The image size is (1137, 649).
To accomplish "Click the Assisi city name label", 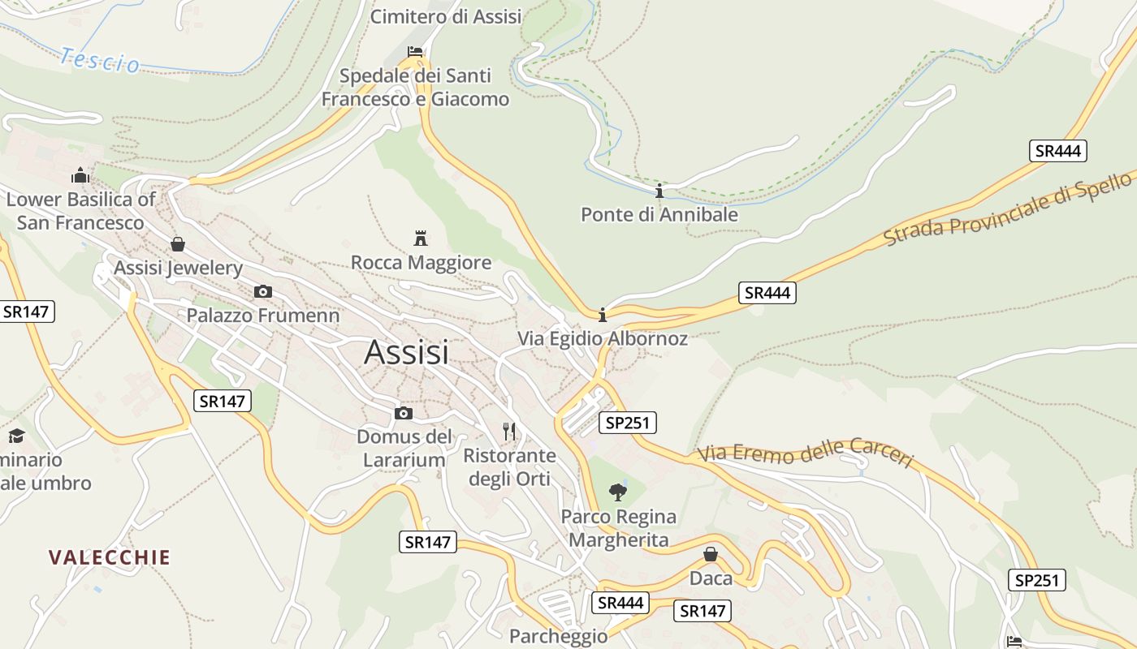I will [x=406, y=352].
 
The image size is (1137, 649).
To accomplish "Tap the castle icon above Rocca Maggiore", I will [x=421, y=238].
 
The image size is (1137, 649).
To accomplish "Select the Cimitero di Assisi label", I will [x=446, y=16].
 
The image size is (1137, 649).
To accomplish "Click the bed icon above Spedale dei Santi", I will [x=415, y=52].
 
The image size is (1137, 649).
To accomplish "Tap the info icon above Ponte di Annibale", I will [x=659, y=191].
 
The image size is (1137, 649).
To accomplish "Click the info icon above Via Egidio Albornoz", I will [x=603, y=315].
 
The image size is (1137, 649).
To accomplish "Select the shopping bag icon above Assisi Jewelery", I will [x=177, y=244].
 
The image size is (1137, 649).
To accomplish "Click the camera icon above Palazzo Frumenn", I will [x=262, y=291].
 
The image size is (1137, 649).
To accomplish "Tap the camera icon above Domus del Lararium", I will [x=404, y=414].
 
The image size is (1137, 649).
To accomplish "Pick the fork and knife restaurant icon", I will [x=509, y=432].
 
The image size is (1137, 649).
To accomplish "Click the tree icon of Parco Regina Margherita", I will [x=618, y=492].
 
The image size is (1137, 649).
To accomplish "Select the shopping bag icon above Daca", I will [x=711, y=554].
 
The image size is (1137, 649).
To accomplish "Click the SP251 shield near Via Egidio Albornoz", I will [x=627, y=422].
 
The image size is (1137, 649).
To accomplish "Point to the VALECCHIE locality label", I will [x=110, y=557].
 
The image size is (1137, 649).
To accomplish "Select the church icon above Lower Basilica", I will [x=80, y=175].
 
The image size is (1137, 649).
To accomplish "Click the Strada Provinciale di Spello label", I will [x=1007, y=209].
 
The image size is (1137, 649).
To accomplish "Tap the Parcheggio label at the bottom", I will [x=558, y=636].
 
